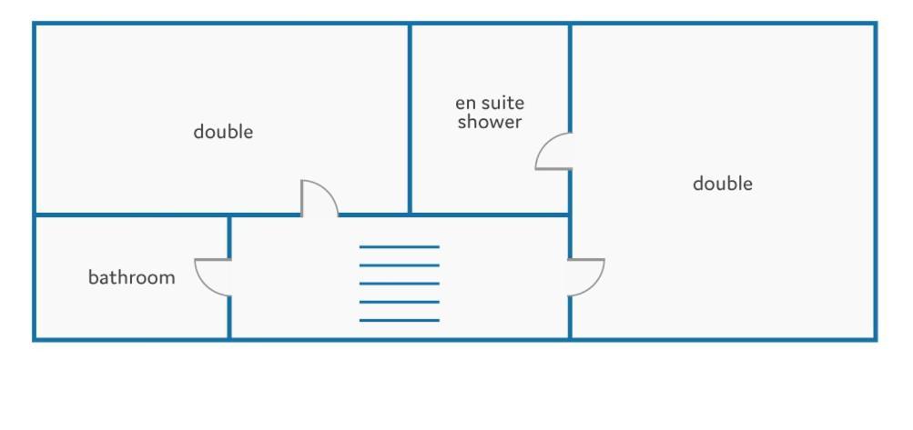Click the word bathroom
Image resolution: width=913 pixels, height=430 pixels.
tap(132, 277)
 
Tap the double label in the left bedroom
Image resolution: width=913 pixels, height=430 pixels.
tap(223, 132)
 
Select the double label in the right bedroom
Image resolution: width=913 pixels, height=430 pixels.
tap(723, 184)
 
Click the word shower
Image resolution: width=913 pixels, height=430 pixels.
tap(490, 122)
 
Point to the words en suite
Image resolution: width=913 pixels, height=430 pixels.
tap(490, 103)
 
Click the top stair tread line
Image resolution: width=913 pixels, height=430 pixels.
tap(400, 246)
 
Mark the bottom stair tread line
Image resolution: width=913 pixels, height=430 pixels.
tap(400, 320)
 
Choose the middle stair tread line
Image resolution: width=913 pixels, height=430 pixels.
tap(400, 284)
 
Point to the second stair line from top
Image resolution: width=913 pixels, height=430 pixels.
tap(400, 265)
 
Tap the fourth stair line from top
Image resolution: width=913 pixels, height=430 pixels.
tap(400, 302)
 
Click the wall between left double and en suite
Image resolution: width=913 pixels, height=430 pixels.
tap(410, 119)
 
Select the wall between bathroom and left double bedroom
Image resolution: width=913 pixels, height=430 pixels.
tap(132, 215)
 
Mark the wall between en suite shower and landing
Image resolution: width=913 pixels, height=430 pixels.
tap(490, 215)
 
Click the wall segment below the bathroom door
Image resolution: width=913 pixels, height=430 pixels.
tap(229, 317)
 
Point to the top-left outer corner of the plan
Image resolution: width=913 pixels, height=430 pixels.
tap(33, 22)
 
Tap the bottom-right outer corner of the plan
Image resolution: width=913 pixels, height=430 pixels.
tap(877, 340)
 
